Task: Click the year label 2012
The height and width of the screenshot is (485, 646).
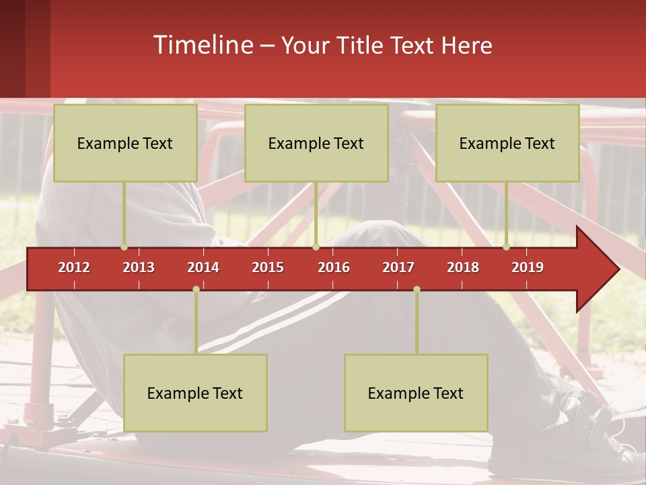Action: (74, 267)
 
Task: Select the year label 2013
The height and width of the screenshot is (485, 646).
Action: (139, 267)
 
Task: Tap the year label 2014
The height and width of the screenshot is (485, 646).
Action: (203, 267)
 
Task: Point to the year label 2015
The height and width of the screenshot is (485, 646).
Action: (268, 267)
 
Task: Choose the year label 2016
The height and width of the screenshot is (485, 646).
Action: (334, 267)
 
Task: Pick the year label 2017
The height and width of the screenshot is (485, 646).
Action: (398, 267)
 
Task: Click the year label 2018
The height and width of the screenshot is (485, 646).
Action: (463, 267)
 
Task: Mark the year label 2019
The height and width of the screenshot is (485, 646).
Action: (528, 267)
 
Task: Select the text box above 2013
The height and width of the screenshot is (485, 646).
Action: (125, 143)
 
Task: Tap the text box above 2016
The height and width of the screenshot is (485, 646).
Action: (316, 143)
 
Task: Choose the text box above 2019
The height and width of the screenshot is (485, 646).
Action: (507, 143)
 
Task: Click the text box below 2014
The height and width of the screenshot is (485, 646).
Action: (195, 393)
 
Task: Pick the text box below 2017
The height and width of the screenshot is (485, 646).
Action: (416, 393)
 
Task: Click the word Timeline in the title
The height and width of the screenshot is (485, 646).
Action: (203, 45)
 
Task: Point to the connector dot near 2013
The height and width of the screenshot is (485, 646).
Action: (124, 247)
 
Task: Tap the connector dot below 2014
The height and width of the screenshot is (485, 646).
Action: (196, 289)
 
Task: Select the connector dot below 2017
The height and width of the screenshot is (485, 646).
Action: (417, 289)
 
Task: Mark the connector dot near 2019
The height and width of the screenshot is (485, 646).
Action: (507, 247)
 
